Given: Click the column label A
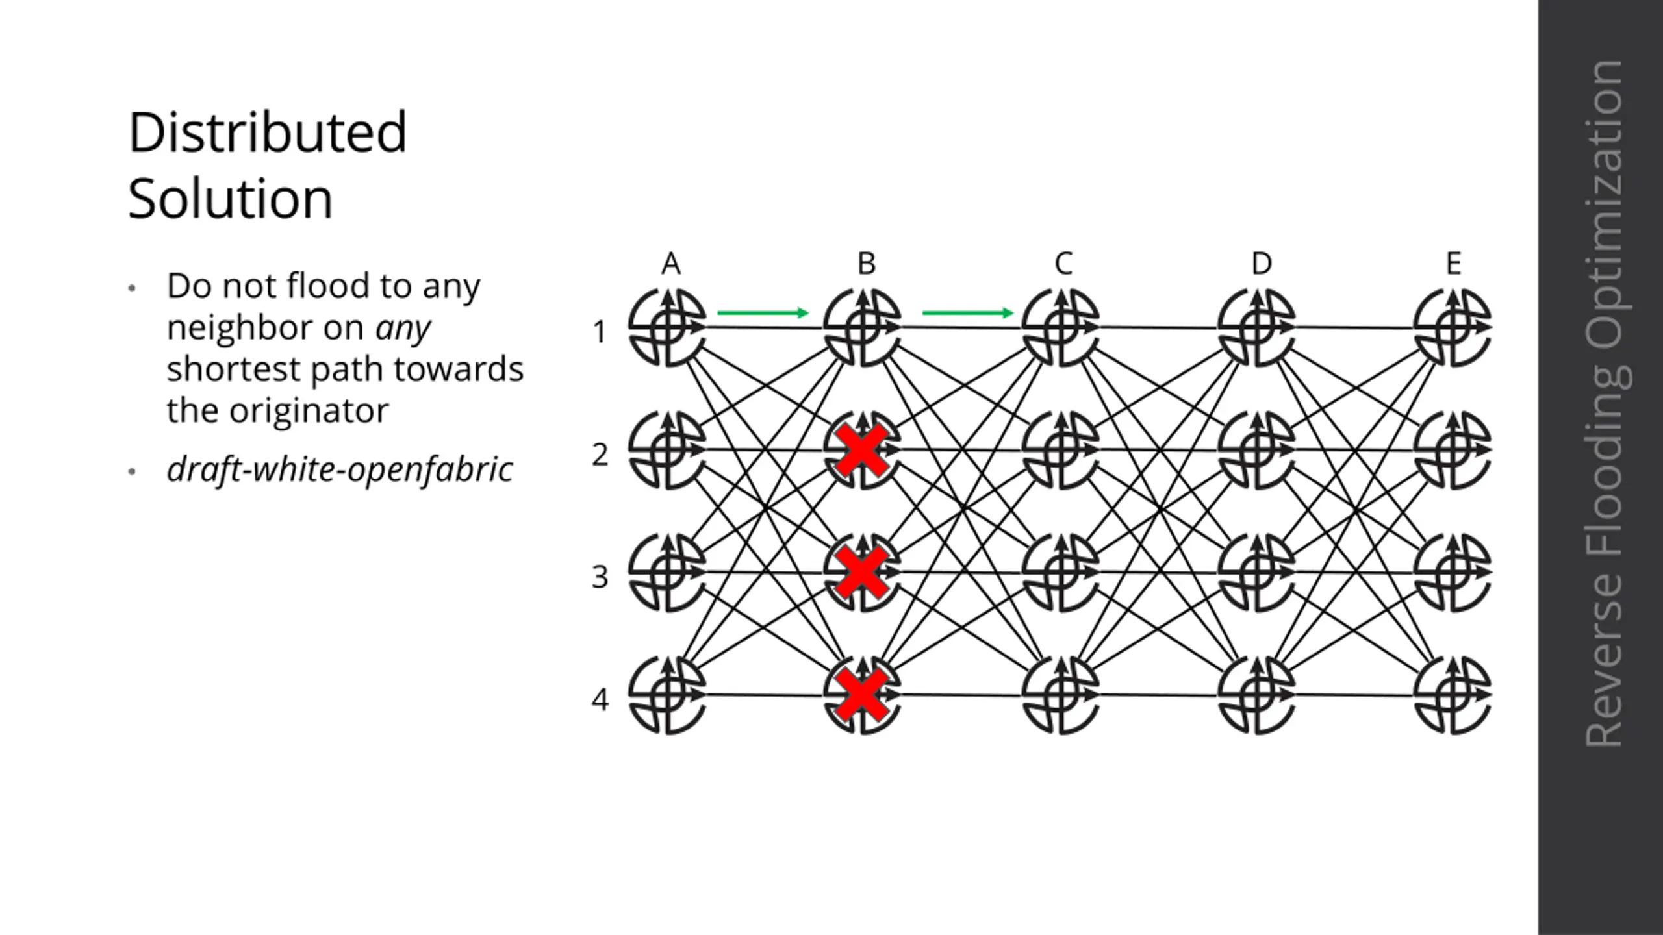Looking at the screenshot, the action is [x=671, y=264].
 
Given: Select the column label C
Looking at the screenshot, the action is [x=1063, y=264].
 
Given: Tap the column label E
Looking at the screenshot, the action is [x=1454, y=264].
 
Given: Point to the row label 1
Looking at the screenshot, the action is [x=599, y=332].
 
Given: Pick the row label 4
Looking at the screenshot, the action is [x=600, y=699].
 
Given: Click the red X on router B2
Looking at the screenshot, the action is [x=862, y=450].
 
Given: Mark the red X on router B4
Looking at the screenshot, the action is [x=862, y=695].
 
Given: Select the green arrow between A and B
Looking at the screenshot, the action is [x=763, y=313].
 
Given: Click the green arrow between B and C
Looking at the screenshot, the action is [x=968, y=313].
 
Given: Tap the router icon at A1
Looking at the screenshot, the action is [x=667, y=327].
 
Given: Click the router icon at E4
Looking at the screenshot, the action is [x=1453, y=695].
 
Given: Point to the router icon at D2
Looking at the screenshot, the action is [x=1257, y=450].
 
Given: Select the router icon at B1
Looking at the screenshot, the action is [x=863, y=327].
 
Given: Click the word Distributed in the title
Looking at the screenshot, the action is [x=268, y=132].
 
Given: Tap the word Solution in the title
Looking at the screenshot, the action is [x=231, y=198].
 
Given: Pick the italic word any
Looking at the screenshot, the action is [x=403, y=328].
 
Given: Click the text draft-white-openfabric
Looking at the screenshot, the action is [x=340, y=469].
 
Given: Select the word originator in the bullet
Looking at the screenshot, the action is [x=309, y=411].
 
